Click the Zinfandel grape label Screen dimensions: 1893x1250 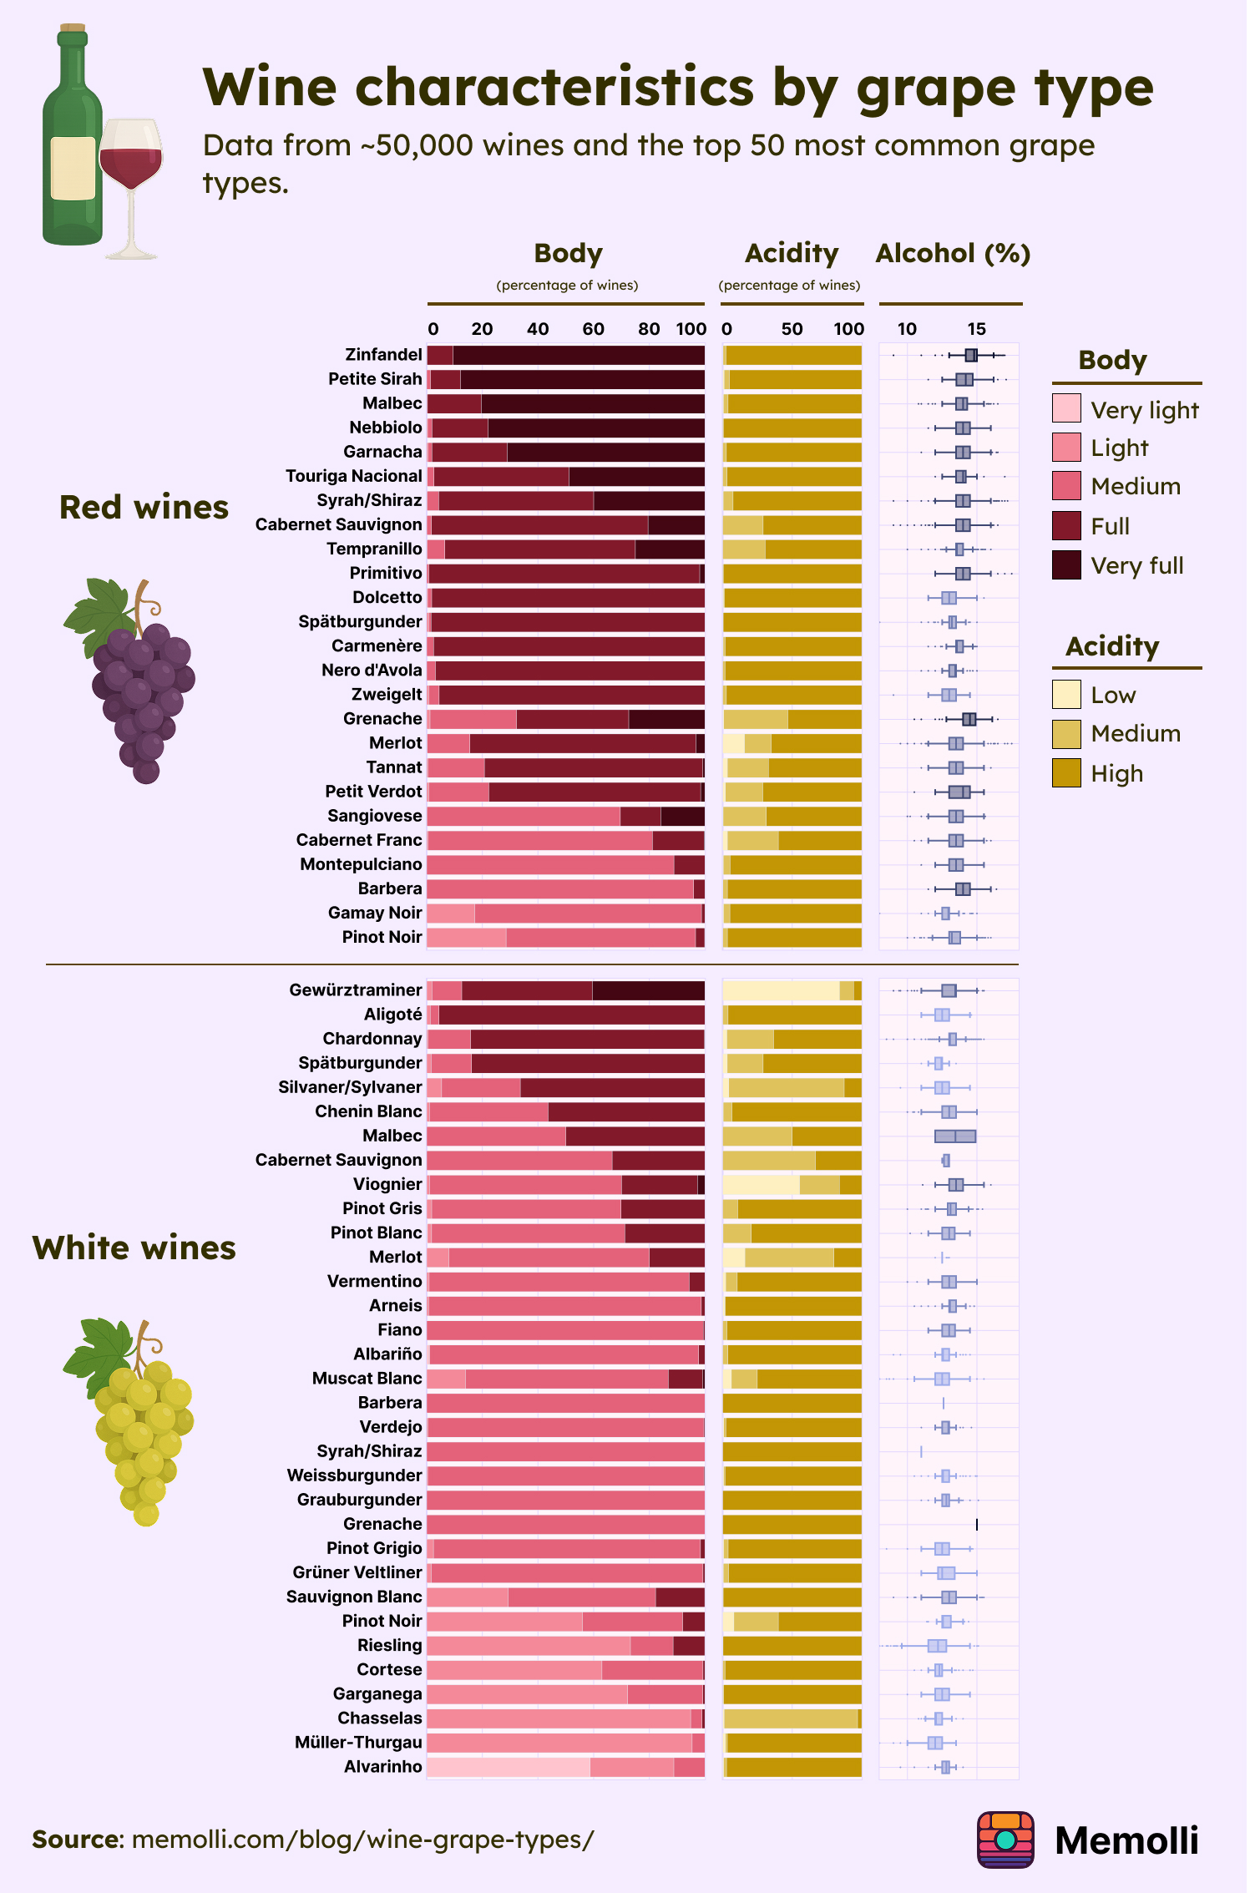[383, 355]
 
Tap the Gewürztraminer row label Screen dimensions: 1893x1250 [356, 990]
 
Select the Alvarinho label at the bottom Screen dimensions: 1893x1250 [383, 1767]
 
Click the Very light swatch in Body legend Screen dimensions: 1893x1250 [1066, 408]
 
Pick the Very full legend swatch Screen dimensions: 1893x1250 [1066, 565]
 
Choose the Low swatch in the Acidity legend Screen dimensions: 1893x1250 [1066, 695]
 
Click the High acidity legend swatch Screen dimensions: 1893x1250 [1066, 773]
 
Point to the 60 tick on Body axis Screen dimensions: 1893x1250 [593, 329]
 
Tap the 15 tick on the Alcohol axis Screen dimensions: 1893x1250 [976, 329]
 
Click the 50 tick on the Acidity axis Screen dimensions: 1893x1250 [792, 329]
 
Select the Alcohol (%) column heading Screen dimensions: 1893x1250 [953, 253]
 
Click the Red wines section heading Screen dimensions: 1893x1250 [144, 508]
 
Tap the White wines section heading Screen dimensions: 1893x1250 [134, 1248]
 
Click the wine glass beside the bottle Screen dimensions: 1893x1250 [131, 175]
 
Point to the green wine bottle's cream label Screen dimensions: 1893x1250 [73, 168]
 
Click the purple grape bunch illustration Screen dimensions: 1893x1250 [138, 685]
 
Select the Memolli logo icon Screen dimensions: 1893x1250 [1005, 1840]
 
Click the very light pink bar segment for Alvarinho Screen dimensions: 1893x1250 [508, 1767]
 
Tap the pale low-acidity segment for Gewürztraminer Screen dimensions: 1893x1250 [781, 990]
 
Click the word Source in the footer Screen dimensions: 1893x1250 [77, 1840]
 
